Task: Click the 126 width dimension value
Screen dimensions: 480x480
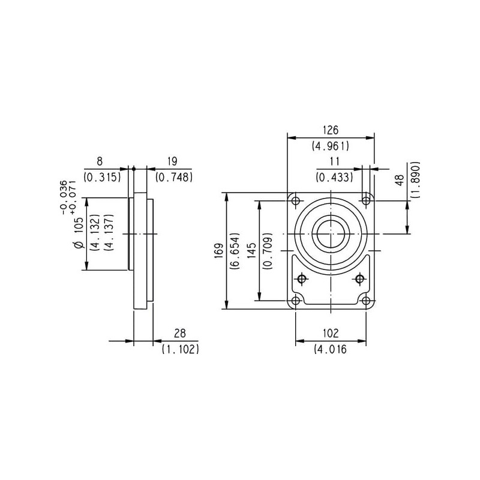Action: click(x=331, y=130)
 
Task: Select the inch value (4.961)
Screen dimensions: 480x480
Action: click(x=331, y=146)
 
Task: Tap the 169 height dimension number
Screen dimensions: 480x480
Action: click(x=219, y=251)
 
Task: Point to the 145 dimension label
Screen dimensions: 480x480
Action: click(x=251, y=250)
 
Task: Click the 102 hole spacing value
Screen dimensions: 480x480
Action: click(x=331, y=333)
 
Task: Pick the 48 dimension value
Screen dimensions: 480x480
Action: click(x=400, y=181)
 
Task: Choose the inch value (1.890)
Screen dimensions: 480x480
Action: click(x=415, y=179)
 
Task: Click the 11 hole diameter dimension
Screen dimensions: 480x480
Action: click(x=335, y=161)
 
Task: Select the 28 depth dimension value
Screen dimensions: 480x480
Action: click(x=180, y=333)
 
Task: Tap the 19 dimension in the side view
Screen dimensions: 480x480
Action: click(x=173, y=161)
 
